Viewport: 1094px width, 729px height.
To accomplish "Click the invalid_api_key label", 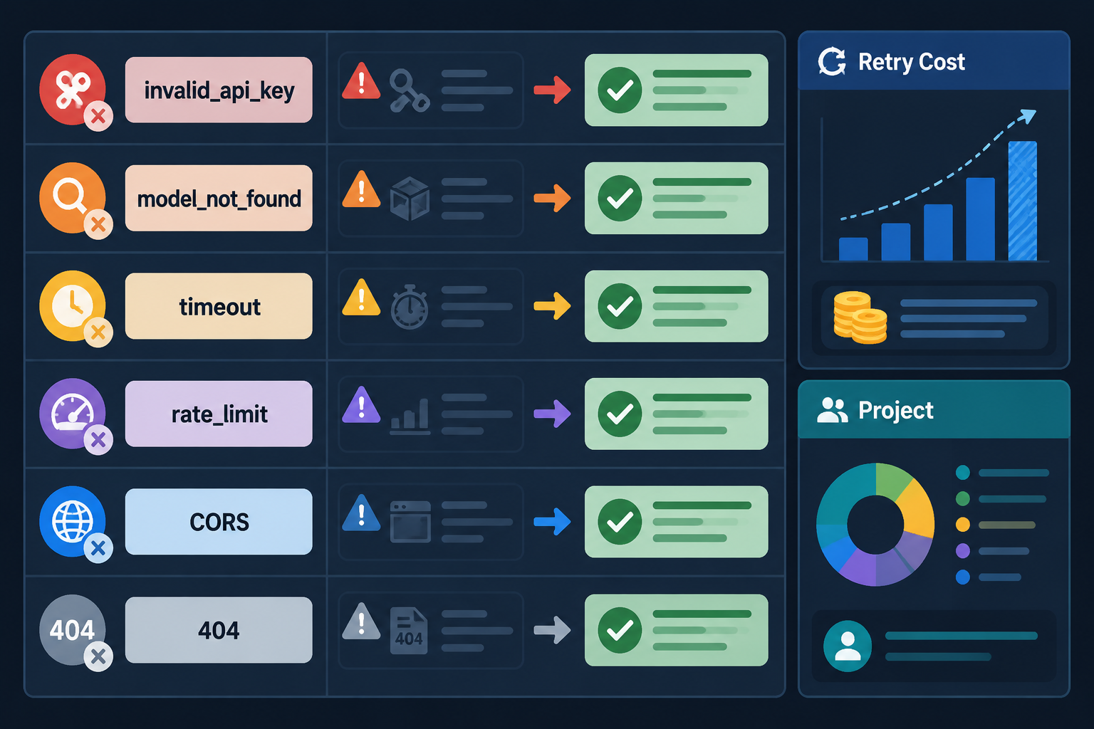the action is pyautogui.click(x=219, y=90).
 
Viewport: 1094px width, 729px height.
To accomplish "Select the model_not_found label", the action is pyautogui.click(x=219, y=198).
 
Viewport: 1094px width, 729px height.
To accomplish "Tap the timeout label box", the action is pyautogui.click(x=219, y=306).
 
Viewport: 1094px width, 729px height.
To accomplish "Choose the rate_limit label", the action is pyautogui.click(x=219, y=414).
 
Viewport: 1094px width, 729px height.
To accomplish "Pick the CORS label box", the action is pyautogui.click(x=219, y=522).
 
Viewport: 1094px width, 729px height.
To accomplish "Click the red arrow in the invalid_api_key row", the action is pyautogui.click(x=552, y=90).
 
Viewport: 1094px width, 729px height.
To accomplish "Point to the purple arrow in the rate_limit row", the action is pyautogui.click(x=552, y=414).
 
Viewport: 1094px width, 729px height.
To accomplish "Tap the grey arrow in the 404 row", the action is pyautogui.click(x=552, y=630).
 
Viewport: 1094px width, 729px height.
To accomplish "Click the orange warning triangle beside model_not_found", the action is pyautogui.click(x=361, y=190).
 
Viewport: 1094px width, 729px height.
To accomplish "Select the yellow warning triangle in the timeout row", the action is pyautogui.click(x=361, y=298).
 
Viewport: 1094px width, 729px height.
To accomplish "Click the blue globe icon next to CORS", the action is pyautogui.click(x=72, y=522).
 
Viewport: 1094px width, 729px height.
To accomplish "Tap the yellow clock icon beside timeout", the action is pyautogui.click(x=72, y=306).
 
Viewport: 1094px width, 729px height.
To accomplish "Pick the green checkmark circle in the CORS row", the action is pyautogui.click(x=620, y=522).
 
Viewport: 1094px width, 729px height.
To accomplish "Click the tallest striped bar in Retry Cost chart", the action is pyautogui.click(x=1023, y=201).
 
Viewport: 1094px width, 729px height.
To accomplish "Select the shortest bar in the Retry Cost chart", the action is pyautogui.click(x=853, y=249).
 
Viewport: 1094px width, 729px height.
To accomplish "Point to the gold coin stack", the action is pyautogui.click(x=860, y=318).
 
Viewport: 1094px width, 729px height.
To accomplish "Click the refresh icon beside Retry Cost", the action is pyautogui.click(x=832, y=61).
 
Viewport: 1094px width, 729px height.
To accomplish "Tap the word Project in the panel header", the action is pyautogui.click(x=896, y=410).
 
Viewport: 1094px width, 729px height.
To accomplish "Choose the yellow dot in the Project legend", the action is pyautogui.click(x=963, y=525).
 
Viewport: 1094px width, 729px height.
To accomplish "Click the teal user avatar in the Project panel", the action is pyautogui.click(x=848, y=646).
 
